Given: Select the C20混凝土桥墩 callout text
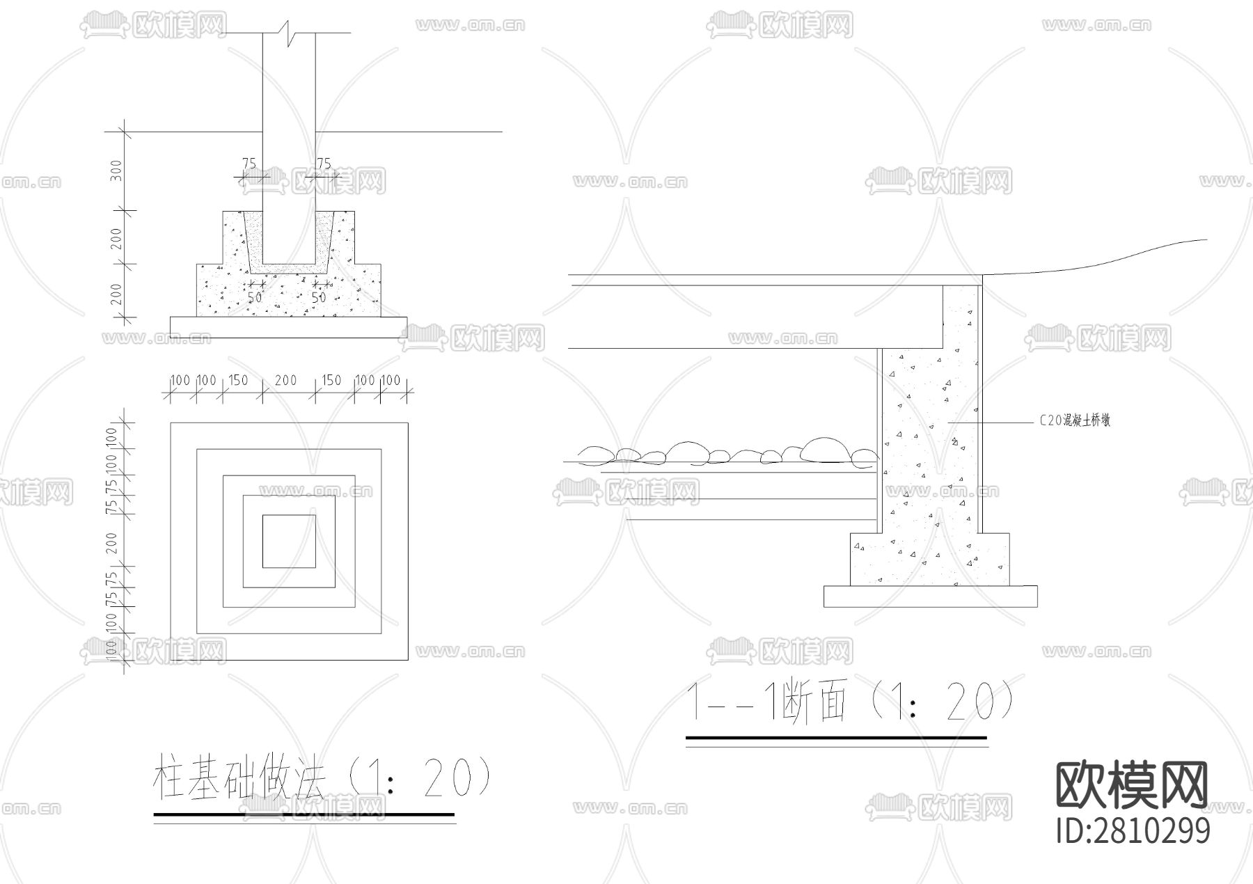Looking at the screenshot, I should click(1075, 420).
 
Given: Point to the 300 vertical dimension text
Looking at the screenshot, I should click(117, 171).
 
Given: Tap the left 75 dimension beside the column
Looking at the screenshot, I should click(249, 164).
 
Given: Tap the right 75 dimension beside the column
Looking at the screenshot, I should click(324, 164).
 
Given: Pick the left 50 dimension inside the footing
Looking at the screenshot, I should click(255, 297).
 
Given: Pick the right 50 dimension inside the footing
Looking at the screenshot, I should click(318, 297).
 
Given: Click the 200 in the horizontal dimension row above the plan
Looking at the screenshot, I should click(285, 380).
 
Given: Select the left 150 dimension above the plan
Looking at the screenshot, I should click(238, 380).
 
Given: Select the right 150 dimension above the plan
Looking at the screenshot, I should click(331, 380).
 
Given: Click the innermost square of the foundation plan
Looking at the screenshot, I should click(289, 542).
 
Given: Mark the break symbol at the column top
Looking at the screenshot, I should click(289, 31).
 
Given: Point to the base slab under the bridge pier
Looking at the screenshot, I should click(930, 596).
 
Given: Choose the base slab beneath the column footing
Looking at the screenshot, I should click(289, 327).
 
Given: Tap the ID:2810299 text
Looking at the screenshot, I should click(1133, 830).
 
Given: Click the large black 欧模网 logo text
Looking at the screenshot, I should click(1132, 784).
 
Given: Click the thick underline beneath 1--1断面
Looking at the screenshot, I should click(836, 737).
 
